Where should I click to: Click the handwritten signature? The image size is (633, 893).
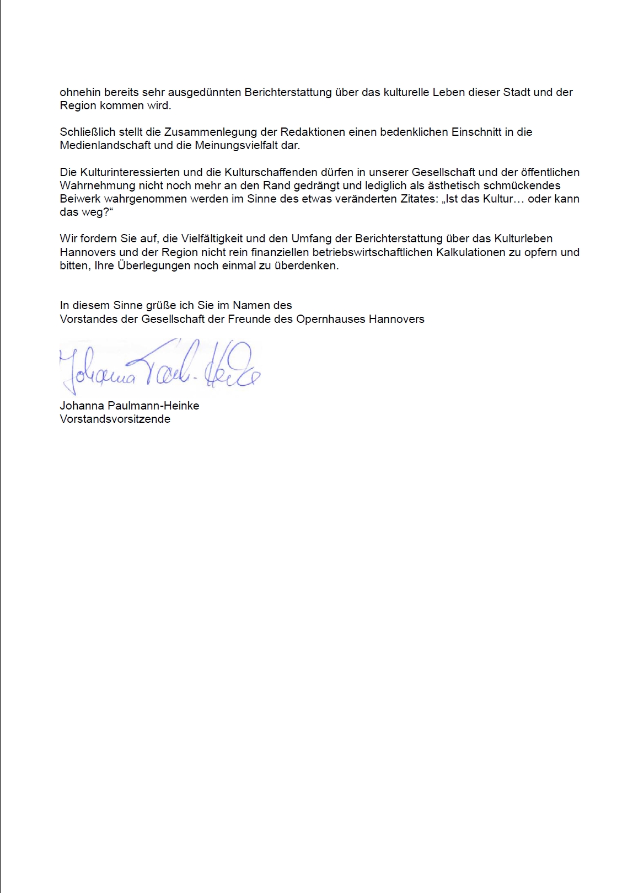tap(160, 365)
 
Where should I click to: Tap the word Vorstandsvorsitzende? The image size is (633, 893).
tap(115, 419)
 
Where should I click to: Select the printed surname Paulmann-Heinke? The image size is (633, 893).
tap(153, 406)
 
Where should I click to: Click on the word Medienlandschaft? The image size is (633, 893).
tap(105, 146)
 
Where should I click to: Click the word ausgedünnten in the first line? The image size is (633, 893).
tap(204, 92)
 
